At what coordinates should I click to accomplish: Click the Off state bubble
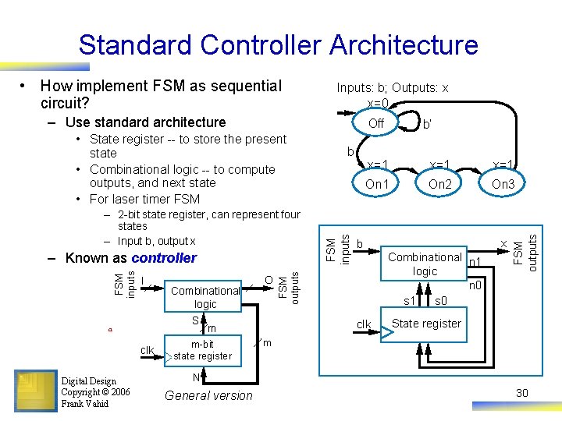(376, 124)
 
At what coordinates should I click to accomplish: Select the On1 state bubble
(377, 184)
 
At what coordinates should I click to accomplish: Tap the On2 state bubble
(440, 184)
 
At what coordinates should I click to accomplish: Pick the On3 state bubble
(503, 184)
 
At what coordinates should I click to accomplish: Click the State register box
(427, 324)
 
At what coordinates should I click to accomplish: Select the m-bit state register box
(202, 350)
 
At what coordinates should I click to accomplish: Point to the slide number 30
(521, 393)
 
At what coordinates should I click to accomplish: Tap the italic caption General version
(209, 395)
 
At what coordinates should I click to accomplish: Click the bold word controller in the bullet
(164, 258)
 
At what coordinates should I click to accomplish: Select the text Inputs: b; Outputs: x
(392, 88)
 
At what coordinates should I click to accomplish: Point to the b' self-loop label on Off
(427, 124)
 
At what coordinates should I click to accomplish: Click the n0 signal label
(474, 286)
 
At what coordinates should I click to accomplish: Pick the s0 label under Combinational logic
(441, 299)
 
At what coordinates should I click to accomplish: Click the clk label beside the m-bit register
(147, 350)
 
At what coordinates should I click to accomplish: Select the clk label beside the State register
(364, 324)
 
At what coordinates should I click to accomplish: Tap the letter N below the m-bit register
(197, 377)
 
